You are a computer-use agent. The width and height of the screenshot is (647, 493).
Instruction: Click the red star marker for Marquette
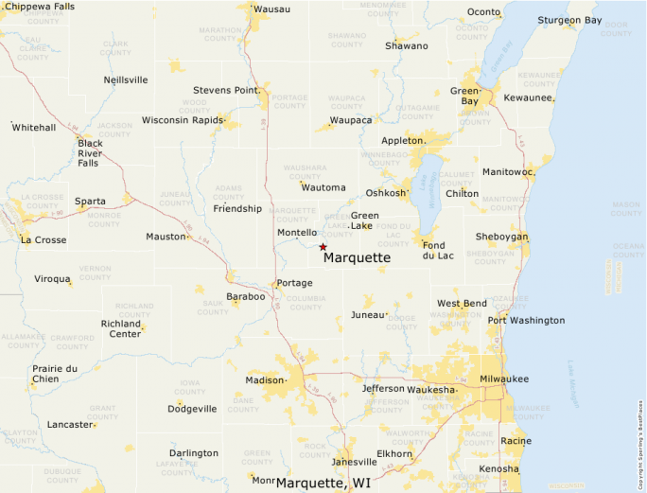pyautogui.click(x=323, y=247)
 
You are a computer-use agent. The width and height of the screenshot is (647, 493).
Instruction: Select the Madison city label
pyautogui.click(x=264, y=379)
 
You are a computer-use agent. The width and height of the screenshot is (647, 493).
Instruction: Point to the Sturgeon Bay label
pyautogui.click(x=569, y=20)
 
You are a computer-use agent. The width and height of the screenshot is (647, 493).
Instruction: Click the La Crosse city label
pyautogui.click(x=44, y=239)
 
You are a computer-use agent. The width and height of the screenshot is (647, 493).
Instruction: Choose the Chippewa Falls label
pyautogui.click(x=41, y=7)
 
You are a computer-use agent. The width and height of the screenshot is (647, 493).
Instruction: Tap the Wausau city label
pyautogui.click(x=272, y=9)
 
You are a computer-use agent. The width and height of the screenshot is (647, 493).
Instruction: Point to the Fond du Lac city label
pyautogui.click(x=440, y=251)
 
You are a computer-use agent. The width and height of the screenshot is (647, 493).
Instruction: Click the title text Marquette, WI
pyautogui.click(x=323, y=483)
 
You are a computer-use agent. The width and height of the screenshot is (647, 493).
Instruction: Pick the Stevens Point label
pyautogui.click(x=225, y=90)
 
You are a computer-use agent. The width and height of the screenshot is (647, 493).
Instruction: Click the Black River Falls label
pyautogui.click(x=90, y=153)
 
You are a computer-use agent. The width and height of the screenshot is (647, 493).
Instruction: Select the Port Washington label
pyautogui.click(x=526, y=320)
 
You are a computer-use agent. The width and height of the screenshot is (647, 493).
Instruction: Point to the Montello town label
pyautogui.click(x=296, y=232)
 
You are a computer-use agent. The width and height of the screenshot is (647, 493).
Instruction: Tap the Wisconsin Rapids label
pyautogui.click(x=179, y=120)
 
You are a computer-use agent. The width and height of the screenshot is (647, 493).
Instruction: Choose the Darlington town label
pyautogui.click(x=193, y=452)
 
